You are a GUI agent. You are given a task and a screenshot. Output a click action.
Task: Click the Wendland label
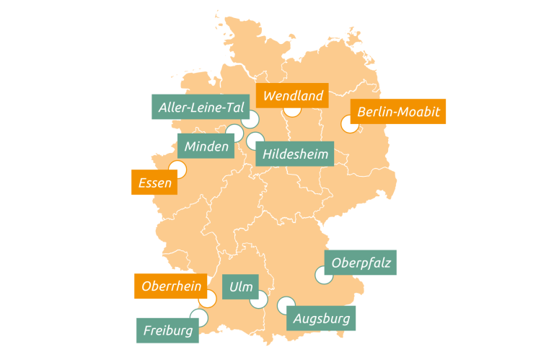point(293,95)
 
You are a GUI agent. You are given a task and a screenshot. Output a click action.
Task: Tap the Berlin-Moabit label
point(397,112)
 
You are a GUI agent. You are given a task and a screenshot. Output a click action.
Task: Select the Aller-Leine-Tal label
point(200,107)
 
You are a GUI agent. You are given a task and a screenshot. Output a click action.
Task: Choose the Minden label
point(206,146)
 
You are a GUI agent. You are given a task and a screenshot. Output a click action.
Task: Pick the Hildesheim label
point(295,154)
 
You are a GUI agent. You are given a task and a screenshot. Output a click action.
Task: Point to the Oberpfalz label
point(361,263)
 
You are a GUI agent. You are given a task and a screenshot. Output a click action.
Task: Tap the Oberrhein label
point(171,286)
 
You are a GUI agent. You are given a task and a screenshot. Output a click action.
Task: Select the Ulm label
point(240,287)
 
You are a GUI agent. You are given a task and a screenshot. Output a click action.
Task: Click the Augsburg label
point(322,317)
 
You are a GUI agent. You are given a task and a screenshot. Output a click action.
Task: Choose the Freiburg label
point(167,330)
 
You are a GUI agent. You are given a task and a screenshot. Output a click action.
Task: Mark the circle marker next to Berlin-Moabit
point(350,124)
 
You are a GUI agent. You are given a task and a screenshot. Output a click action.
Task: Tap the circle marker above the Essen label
point(177,170)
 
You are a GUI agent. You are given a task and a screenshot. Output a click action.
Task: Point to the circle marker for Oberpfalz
point(323,274)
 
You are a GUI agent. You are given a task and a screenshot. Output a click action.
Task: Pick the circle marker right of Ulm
point(259,299)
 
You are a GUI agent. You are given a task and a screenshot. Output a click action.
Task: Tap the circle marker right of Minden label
point(235,133)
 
